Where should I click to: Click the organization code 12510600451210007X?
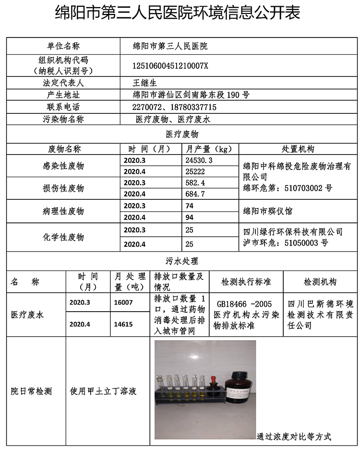tap(170, 66)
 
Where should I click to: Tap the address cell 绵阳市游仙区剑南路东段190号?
tap(191, 95)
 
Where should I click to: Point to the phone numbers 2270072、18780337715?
tap(174, 107)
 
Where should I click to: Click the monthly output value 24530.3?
tap(199, 160)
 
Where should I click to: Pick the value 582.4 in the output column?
tap(195, 183)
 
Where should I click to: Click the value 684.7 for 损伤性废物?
tap(195, 194)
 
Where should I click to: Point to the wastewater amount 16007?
tap(123, 303)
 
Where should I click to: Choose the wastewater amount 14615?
tap(123, 324)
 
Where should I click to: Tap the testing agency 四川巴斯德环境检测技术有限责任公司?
tap(320, 315)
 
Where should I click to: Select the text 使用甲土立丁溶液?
tap(103, 391)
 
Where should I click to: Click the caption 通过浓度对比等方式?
tap(294, 437)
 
